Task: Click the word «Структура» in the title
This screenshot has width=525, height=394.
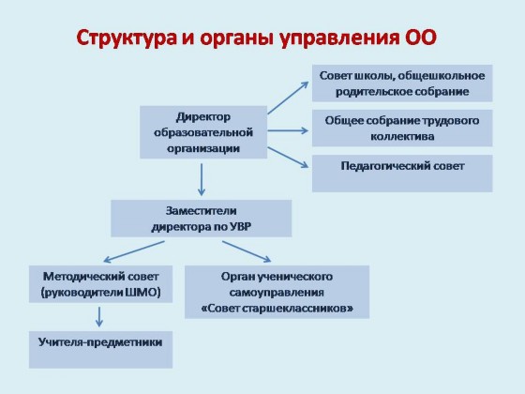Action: [x=127, y=38]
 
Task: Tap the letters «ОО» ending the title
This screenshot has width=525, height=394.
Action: [x=421, y=37]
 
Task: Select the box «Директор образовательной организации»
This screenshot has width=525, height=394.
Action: [x=203, y=132]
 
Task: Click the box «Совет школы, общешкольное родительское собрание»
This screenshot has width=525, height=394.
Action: [x=402, y=83]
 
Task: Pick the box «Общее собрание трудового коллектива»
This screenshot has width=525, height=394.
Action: [x=402, y=128]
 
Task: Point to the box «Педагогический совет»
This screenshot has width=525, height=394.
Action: [x=402, y=174]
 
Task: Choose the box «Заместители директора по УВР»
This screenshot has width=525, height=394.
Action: [x=202, y=219]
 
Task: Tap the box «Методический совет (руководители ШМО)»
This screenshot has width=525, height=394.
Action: [x=101, y=284]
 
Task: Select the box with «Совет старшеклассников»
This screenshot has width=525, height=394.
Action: [x=277, y=292]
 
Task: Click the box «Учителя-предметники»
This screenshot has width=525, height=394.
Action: [x=101, y=350]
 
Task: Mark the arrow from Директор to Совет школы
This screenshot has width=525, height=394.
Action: [x=288, y=98]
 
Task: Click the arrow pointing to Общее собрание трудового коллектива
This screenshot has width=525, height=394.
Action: [x=288, y=130]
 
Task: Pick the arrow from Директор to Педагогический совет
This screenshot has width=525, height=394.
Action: [x=288, y=158]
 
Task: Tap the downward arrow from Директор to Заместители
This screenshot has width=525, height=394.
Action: [x=202, y=179]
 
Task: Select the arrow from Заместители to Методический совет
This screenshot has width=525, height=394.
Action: [x=134, y=251]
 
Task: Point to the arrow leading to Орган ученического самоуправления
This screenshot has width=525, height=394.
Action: [x=247, y=251]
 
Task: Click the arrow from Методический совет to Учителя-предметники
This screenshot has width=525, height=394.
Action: [x=99, y=317]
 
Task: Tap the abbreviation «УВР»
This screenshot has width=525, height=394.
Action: [x=240, y=227]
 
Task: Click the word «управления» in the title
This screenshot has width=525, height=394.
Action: [x=339, y=38]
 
